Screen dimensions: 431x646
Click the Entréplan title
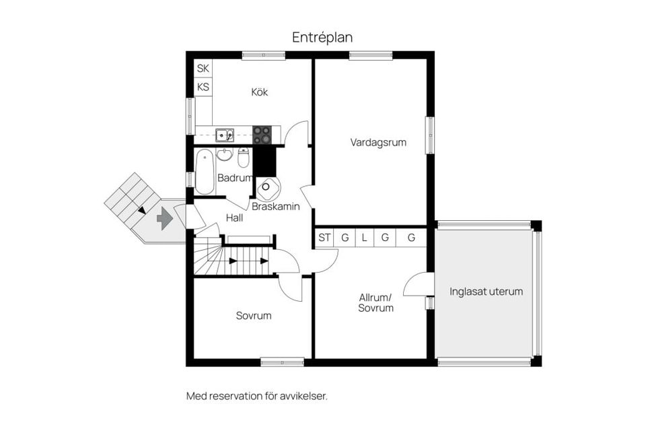pos(322,38)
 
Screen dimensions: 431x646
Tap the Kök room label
pos(259,92)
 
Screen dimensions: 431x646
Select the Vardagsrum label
pos(378,142)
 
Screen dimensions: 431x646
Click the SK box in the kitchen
pos(203,69)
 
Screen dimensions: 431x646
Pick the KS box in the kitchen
pos(203,87)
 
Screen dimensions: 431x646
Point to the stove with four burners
pos(262,135)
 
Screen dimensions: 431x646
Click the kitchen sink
pos(224,135)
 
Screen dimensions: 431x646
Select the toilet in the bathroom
pos(244,157)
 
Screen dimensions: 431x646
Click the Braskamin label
pos(276,207)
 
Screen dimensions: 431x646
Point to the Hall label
pos(235,218)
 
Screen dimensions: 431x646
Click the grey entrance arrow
pos(164,219)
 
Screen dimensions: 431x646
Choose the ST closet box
pos(325,238)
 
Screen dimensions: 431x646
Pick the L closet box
pos(364,238)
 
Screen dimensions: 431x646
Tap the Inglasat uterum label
pos(486,292)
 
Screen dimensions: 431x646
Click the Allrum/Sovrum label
pos(376,302)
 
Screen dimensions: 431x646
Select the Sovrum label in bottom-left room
pos(254,315)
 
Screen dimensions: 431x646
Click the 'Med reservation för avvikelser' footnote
pos(256,396)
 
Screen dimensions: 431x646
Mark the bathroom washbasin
pos(225,154)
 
